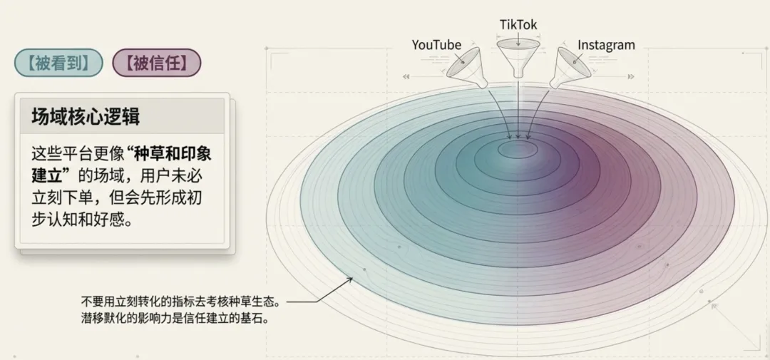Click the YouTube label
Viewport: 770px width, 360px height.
436,45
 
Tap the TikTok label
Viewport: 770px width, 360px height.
518,25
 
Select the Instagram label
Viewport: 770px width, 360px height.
606,45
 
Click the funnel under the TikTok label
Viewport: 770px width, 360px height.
518,56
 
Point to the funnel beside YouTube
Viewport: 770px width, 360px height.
465,63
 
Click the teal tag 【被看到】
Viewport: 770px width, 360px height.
58,63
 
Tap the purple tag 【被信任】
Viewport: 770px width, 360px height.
157,63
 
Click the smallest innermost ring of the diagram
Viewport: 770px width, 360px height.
518,150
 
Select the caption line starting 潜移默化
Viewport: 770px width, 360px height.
174,319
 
